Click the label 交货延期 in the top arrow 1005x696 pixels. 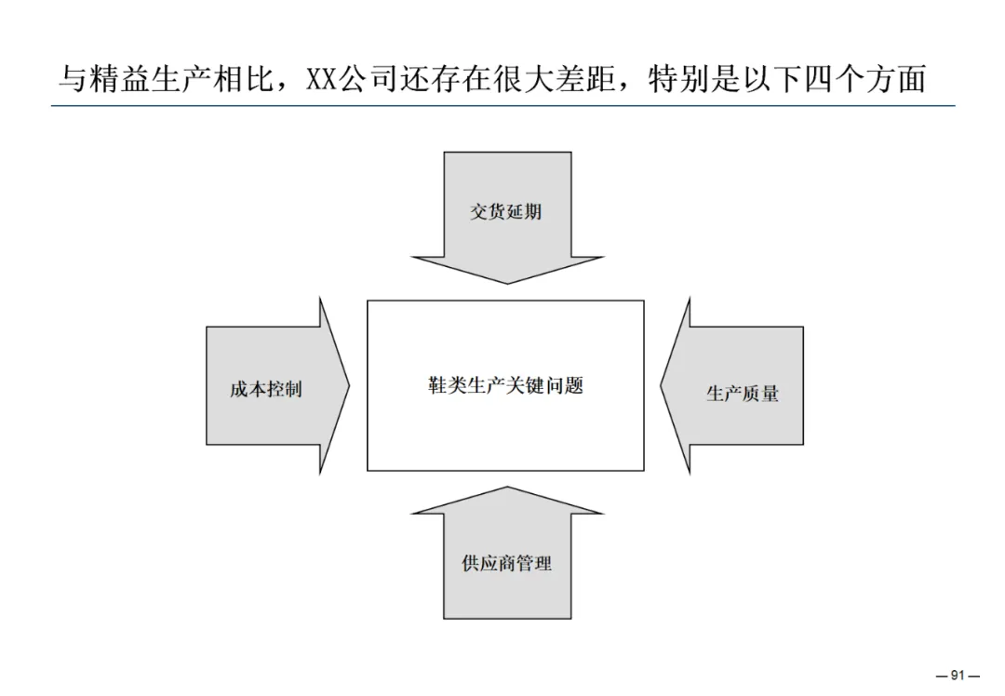click(x=505, y=211)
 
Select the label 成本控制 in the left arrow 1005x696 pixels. click(x=266, y=389)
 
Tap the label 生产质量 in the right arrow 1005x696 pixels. click(x=742, y=394)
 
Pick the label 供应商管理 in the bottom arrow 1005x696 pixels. click(x=506, y=563)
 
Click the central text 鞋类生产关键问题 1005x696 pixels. click(x=505, y=385)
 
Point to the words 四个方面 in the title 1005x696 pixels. click(x=857, y=79)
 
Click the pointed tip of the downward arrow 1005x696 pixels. click(x=507, y=282)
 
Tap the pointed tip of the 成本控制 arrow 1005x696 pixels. click(x=349, y=385)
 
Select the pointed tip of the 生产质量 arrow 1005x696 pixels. click(x=662, y=385)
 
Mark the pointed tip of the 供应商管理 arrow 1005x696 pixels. click(x=507, y=488)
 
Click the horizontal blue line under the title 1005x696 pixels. click(x=502, y=106)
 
